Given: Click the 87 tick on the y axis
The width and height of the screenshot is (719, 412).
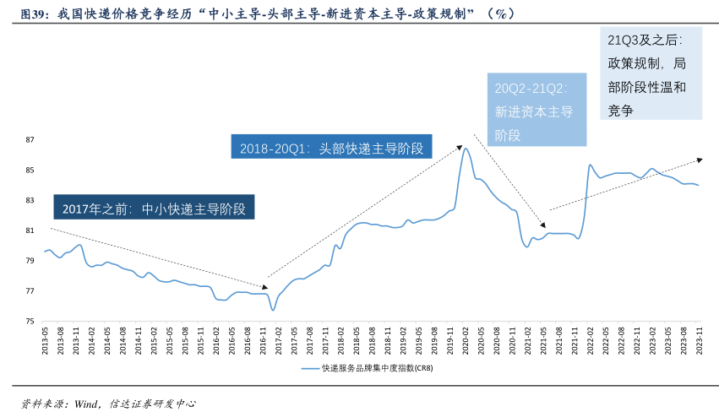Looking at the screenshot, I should tap(30, 139).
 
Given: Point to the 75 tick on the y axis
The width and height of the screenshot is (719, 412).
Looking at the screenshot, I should tap(30, 322).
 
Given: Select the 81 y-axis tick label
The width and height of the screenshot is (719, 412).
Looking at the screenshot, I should tap(30, 230).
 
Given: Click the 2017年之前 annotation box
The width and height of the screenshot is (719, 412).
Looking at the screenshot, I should tap(154, 209).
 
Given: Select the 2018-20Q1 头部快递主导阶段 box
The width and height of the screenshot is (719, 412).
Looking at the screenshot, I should tap(331, 147).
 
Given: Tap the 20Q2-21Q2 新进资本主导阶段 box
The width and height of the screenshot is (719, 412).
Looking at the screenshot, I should tap(537, 110).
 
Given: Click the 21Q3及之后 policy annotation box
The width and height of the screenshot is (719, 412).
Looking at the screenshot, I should tap(651, 74).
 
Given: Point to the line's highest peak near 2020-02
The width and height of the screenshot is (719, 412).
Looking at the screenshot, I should tap(465, 149).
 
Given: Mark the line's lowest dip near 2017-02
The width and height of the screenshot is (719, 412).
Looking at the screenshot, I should tap(273, 310).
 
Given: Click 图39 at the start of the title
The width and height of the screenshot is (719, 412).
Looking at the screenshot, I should tap(33, 14).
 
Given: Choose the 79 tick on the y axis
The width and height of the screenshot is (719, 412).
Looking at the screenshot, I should tap(30, 261).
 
